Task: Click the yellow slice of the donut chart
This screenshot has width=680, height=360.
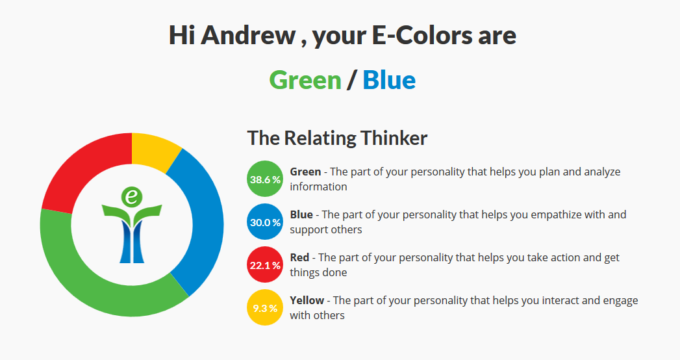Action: (154, 149)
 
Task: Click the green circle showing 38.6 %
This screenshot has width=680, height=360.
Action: (265, 179)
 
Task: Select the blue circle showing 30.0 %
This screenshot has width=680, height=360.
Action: (265, 222)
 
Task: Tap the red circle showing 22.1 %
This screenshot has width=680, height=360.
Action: (265, 264)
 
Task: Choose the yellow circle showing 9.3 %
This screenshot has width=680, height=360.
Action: (265, 307)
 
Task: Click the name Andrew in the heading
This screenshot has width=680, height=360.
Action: (248, 35)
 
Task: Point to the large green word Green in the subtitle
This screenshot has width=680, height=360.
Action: (305, 80)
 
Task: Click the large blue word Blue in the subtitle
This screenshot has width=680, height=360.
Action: (389, 80)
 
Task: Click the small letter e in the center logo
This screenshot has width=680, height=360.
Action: (131, 198)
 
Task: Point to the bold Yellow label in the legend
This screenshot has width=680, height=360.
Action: (307, 300)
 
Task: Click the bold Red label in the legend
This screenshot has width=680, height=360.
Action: (299, 257)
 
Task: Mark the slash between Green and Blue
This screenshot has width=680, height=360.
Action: (352, 80)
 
